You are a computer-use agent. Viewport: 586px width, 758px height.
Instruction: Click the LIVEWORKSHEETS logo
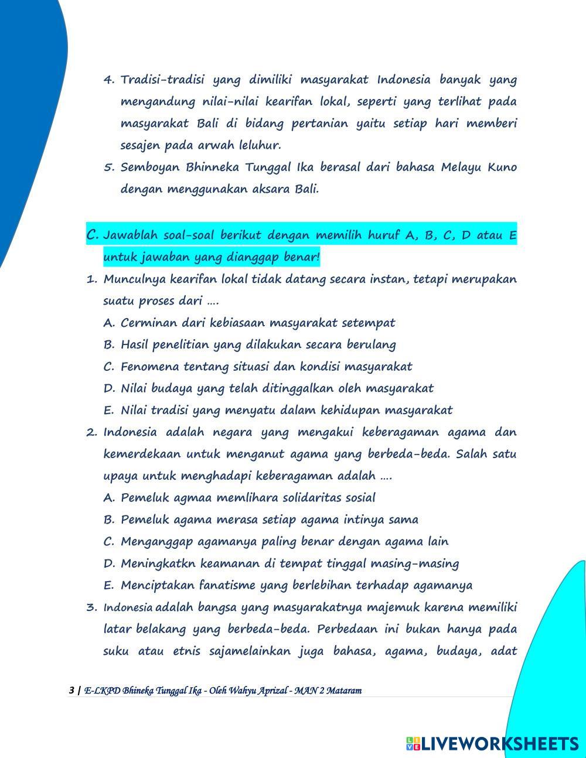pyautogui.click(x=492, y=743)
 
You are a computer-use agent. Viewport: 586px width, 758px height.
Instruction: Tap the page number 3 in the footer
pyautogui.click(x=71, y=690)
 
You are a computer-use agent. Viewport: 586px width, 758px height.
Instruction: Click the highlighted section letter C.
pyautogui.click(x=93, y=235)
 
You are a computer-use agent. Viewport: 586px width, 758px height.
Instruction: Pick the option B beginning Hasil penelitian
pyautogui.click(x=258, y=344)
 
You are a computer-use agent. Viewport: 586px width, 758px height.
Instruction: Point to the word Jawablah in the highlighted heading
pyautogui.click(x=131, y=235)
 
